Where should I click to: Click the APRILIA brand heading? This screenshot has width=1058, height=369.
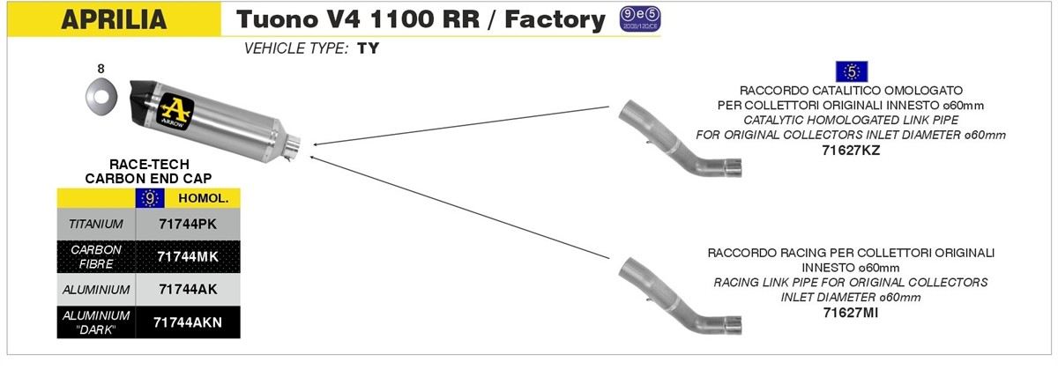(113, 20)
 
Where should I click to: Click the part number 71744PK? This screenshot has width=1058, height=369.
(186, 224)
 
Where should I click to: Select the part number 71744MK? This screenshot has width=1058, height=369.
(186, 256)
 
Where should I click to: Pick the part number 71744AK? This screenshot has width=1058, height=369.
(186, 289)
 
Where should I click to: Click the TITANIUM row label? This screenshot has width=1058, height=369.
(96, 224)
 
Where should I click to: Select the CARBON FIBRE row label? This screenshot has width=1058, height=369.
(96, 256)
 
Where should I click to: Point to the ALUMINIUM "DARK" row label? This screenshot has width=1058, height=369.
(96, 322)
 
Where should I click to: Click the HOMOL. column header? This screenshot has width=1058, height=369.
(203, 198)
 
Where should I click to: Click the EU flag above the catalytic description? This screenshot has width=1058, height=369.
(851, 71)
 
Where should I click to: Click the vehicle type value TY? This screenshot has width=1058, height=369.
(369, 49)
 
